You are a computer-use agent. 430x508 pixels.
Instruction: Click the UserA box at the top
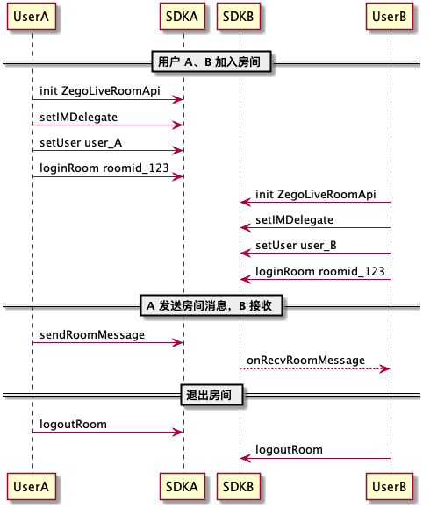tap(32, 17)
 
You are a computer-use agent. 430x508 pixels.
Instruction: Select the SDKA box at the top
tap(183, 17)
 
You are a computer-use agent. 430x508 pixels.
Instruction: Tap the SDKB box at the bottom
tap(239, 486)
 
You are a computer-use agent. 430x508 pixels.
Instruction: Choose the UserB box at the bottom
tap(390, 486)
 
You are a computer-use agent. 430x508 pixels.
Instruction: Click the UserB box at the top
tap(390, 17)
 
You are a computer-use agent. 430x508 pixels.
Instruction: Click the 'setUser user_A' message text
tap(81, 142)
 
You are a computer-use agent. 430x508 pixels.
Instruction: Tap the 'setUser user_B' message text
tap(296, 246)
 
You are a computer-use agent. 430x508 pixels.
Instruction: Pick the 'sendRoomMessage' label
tap(92, 334)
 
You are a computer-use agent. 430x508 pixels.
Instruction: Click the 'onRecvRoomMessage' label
tap(305, 361)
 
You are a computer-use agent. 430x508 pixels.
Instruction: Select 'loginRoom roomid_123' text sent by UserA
tap(104, 168)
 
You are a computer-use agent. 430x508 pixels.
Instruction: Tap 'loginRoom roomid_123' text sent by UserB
tap(319, 271)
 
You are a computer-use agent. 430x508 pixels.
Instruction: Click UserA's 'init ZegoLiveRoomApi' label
tap(100, 91)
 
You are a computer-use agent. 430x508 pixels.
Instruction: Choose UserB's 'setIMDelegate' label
tap(294, 220)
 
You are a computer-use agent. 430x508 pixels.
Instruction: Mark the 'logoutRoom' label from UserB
tap(289, 450)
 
